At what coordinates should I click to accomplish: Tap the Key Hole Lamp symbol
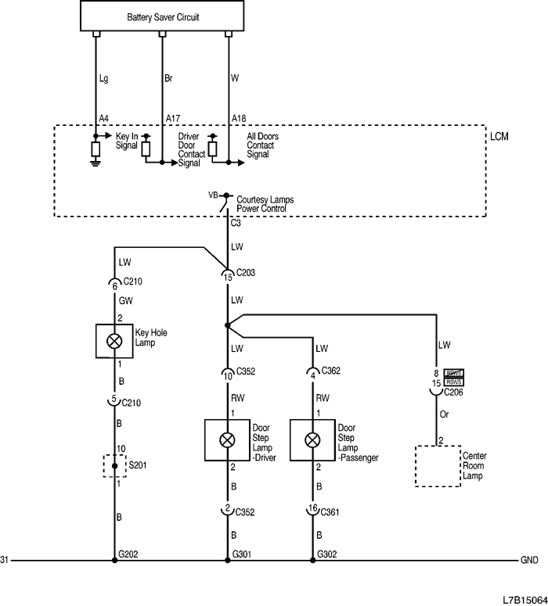pos(114,341)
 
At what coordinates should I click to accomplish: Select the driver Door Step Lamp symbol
pos(227,439)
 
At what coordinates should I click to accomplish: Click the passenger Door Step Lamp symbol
pos(312,439)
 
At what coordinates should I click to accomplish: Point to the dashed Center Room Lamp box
pos(438,466)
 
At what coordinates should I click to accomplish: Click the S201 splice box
pos(115,466)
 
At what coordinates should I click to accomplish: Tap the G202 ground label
pos(128,554)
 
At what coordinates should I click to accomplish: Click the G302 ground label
pos(327,554)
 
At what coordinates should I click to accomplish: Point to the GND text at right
pos(528,561)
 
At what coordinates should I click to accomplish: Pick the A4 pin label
pos(103,119)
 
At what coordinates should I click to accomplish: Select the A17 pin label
pos(173,119)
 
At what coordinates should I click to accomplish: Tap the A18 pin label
pos(239,119)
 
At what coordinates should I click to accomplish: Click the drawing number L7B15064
pos(523,599)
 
